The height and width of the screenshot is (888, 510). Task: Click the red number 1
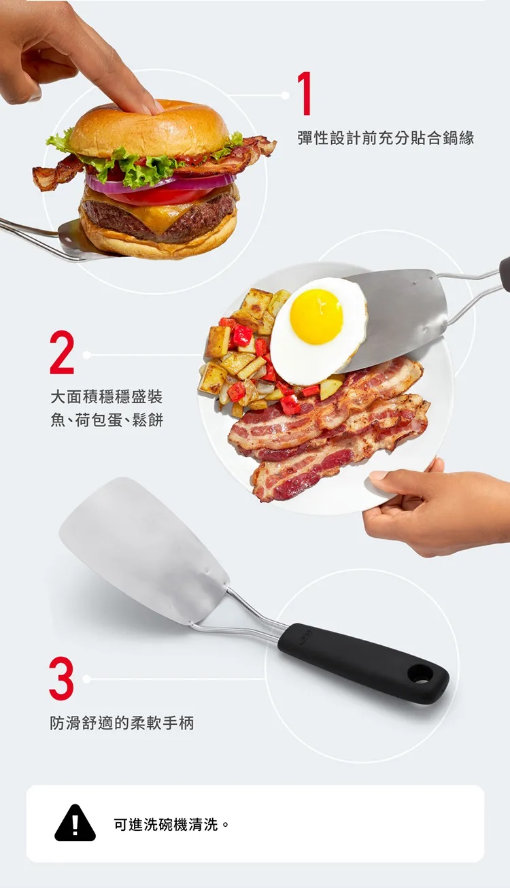point(305,94)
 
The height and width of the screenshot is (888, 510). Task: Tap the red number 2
point(62,352)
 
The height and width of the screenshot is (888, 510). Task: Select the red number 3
point(61,679)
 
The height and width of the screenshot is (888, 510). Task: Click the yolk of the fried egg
point(316,316)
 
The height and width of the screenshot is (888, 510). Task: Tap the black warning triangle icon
point(75,823)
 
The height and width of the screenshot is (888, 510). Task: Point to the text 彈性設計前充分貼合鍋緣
point(386,138)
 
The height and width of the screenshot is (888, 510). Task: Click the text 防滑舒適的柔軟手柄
point(122,723)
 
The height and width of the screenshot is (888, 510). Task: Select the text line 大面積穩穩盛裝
point(107,396)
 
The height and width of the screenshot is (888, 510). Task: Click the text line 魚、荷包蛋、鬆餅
point(107,420)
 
